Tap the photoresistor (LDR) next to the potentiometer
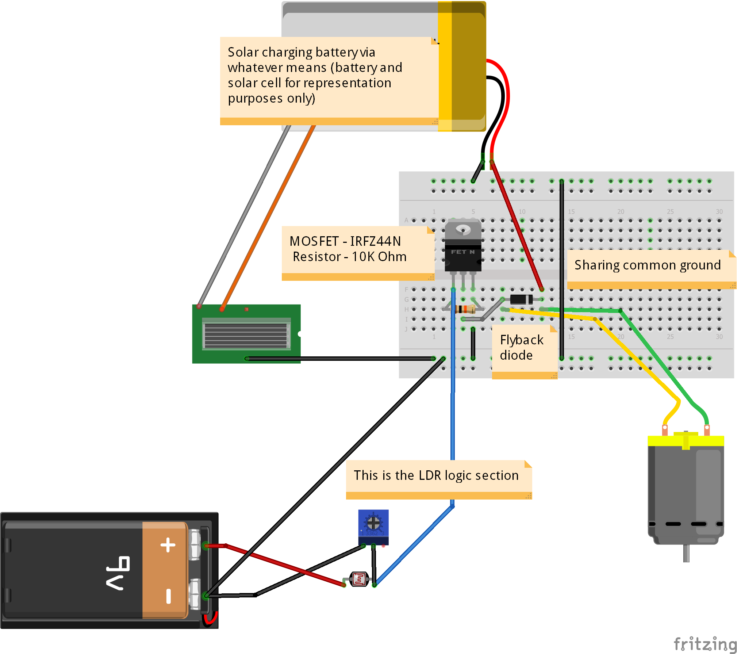tap(359, 579)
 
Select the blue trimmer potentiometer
tap(373, 526)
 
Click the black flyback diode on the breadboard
tap(521, 299)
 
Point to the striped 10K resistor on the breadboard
tap(465, 309)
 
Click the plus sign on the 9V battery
tap(168, 545)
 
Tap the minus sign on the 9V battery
tap(168, 596)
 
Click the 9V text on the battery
tap(118, 573)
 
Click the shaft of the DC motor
tap(686, 553)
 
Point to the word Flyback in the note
tap(521, 340)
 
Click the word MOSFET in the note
tap(314, 241)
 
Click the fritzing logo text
tap(705, 644)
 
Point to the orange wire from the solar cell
tap(268, 217)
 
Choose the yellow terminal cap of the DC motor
tap(686, 440)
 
